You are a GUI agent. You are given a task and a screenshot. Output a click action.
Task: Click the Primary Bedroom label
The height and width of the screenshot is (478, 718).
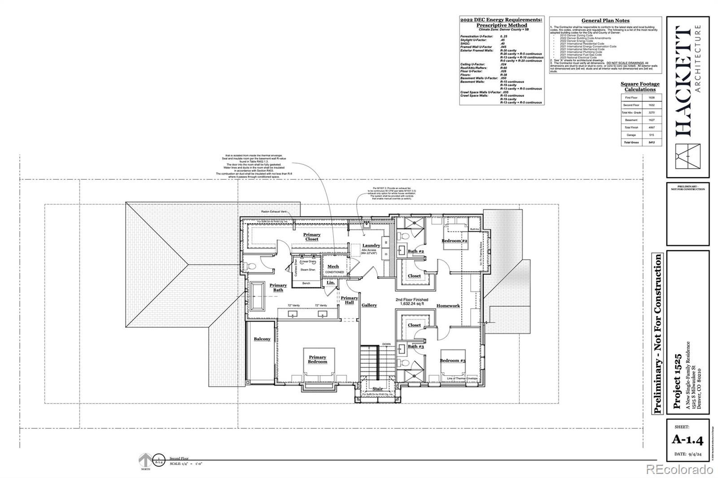tap(317, 360)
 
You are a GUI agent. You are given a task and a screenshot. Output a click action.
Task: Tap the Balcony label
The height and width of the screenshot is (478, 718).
tap(262, 339)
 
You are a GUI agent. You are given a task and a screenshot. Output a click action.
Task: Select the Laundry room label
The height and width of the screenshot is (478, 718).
tap(371, 245)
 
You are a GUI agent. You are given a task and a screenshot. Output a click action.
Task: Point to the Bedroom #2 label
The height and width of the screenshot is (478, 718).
tap(455, 241)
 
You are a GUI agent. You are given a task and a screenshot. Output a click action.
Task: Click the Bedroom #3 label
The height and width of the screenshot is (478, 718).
tap(452, 361)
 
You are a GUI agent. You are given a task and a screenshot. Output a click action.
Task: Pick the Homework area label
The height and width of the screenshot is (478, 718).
tap(448, 306)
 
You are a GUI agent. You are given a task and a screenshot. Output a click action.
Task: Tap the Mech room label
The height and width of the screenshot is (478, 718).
tap(333, 267)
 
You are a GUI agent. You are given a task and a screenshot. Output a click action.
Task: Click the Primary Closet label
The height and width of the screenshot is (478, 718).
tap(312, 237)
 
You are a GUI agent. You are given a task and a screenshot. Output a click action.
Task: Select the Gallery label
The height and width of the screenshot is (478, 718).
tap(369, 305)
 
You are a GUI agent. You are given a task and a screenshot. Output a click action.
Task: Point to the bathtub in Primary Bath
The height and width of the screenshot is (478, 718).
tap(258, 296)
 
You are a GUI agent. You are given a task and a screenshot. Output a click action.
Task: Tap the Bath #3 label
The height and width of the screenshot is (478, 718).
tap(416, 347)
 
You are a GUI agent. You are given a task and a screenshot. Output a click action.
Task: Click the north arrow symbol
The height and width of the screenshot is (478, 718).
tap(145, 461)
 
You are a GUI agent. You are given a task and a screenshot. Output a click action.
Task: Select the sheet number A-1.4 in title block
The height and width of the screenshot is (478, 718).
tap(687, 439)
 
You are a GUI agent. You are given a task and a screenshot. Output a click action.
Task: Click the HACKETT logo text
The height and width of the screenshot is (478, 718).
tap(683, 81)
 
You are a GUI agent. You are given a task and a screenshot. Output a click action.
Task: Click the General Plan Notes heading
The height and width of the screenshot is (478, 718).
tap(605, 21)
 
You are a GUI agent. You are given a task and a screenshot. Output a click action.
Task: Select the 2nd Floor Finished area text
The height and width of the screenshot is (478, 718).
tap(412, 302)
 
